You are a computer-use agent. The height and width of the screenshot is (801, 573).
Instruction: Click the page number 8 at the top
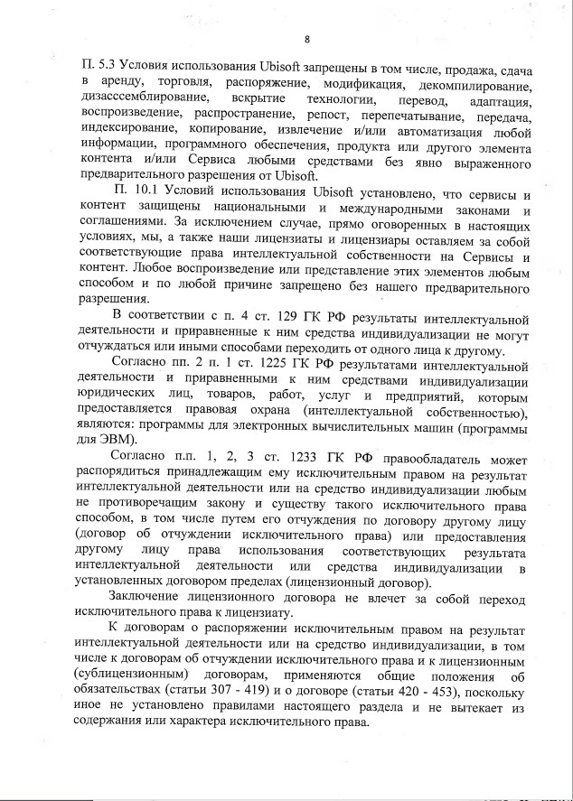point(307,39)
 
